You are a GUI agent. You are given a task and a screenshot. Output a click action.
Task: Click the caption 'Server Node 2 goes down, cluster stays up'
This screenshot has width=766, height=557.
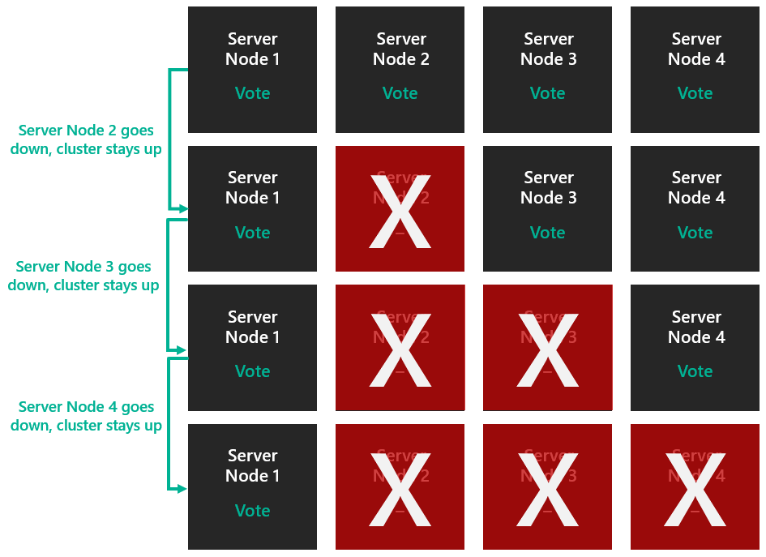click(86, 139)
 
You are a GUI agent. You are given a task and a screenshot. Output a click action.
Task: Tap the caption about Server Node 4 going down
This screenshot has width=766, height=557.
click(86, 416)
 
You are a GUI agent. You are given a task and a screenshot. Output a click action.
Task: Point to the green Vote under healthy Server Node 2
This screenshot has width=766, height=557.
click(400, 93)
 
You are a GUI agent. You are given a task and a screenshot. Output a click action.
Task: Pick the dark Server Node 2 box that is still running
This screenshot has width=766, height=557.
click(400, 69)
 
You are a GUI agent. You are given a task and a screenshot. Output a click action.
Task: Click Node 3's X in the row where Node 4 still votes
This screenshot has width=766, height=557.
click(547, 349)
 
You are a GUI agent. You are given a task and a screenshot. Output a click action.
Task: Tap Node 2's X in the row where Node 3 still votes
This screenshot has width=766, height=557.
click(400, 210)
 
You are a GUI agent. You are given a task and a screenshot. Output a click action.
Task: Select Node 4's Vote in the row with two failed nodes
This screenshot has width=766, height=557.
click(695, 371)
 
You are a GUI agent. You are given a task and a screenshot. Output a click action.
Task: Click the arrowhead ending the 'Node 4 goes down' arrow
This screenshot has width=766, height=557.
click(183, 489)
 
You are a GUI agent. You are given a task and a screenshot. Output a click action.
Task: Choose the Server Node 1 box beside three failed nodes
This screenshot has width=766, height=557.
click(252, 486)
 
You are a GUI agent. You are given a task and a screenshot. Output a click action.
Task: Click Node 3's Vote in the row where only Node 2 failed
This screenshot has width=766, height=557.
click(547, 233)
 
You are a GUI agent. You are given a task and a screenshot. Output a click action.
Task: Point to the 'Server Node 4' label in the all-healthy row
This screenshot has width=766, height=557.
click(696, 49)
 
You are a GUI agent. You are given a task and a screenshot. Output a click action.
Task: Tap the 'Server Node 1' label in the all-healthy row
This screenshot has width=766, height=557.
click(252, 49)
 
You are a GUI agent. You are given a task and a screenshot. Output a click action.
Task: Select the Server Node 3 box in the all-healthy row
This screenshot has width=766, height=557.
click(547, 69)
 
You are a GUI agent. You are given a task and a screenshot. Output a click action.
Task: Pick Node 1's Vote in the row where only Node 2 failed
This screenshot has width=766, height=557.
click(252, 233)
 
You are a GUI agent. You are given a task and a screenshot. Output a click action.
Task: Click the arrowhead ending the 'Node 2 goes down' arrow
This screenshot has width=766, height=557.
click(183, 209)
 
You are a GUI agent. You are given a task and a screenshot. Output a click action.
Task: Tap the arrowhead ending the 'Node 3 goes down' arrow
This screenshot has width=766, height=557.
click(183, 350)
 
